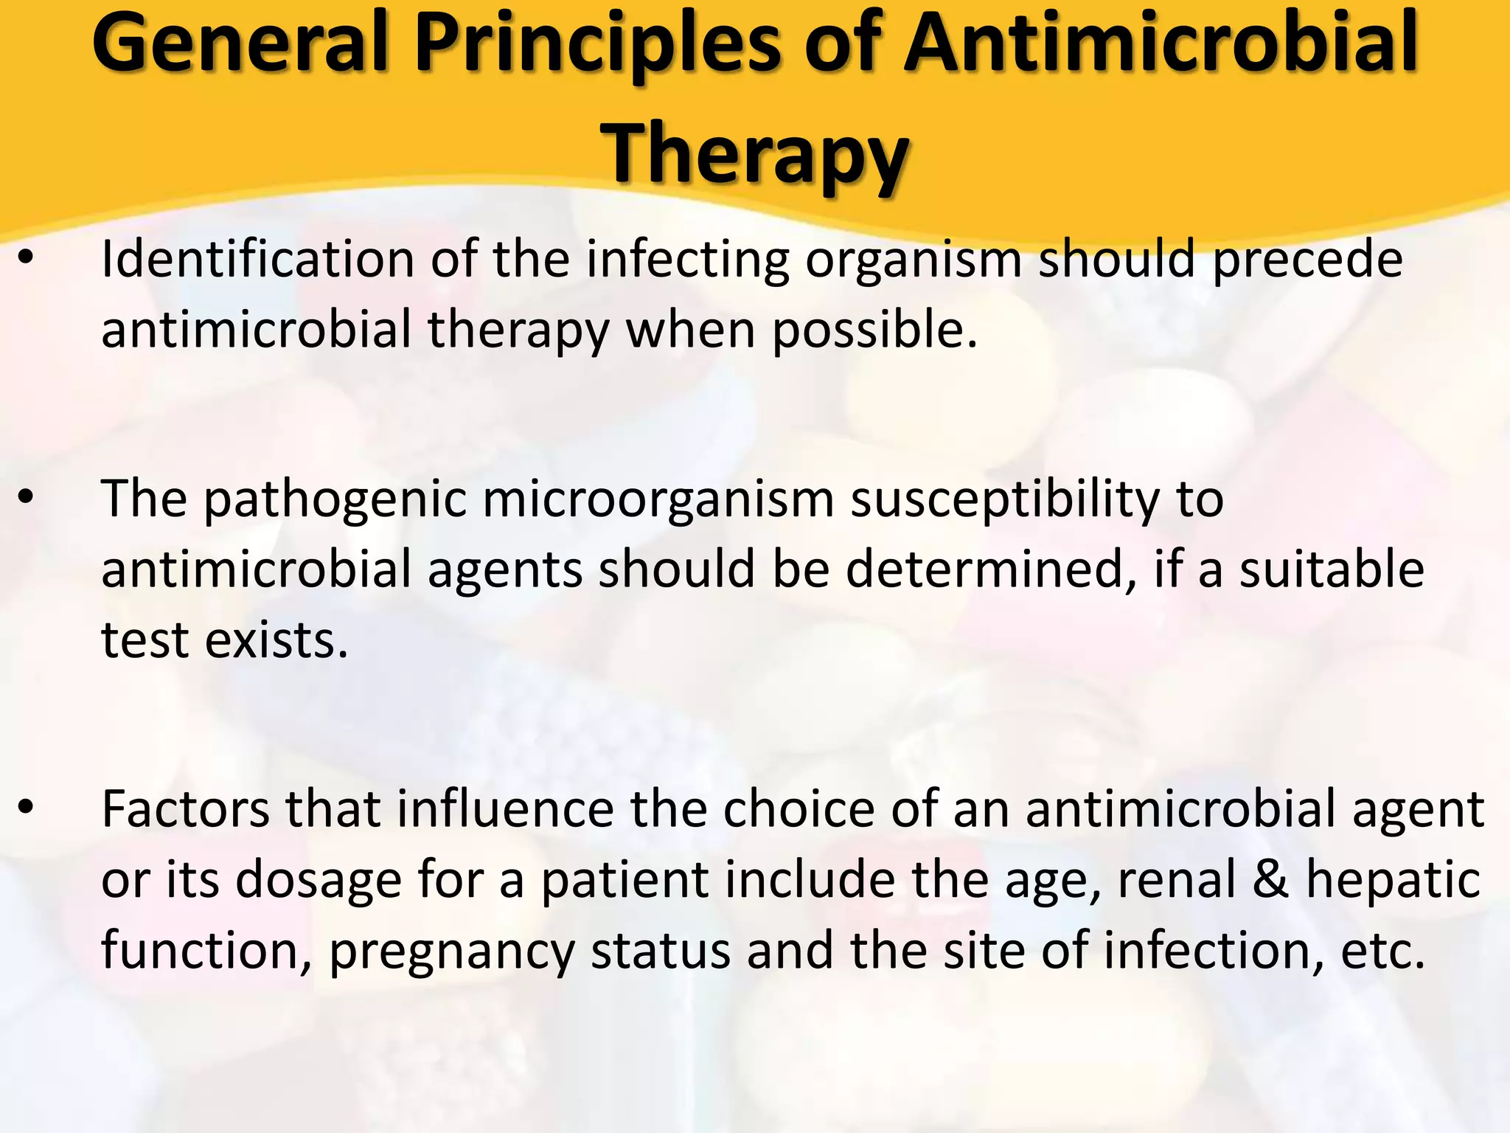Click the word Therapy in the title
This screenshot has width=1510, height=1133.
(x=756, y=153)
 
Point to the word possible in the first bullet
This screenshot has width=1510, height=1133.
(x=874, y=330)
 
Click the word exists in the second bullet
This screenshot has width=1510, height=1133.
(x=276, y=640)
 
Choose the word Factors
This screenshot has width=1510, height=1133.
(x=186, y=810)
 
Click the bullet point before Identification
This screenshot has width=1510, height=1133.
(x=27, y=260)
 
